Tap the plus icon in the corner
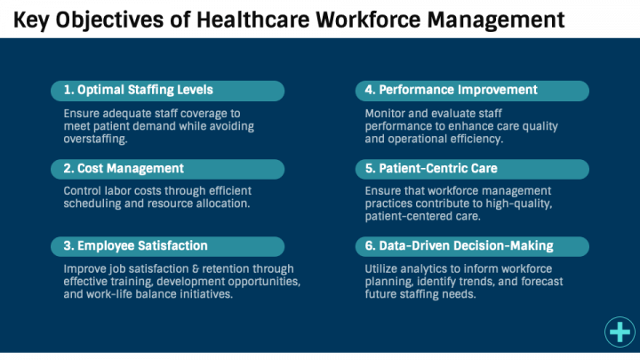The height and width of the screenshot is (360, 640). (x=619, y=332)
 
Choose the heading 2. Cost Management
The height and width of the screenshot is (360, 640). (x=124, y=168)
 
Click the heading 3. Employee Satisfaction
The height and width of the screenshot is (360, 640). (x=135, y=245)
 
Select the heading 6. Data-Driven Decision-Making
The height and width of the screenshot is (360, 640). (x=460, y=245)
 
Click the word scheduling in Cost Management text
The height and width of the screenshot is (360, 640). (x=92, y=204)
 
